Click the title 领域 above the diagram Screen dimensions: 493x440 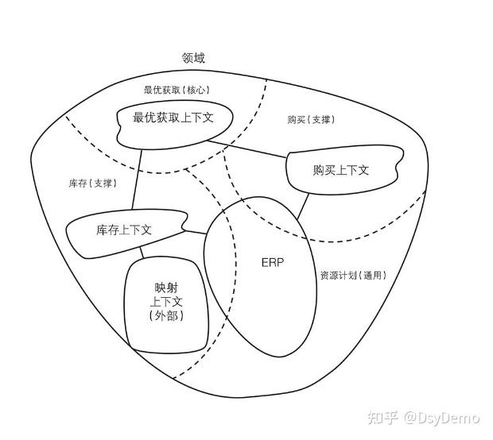pos(193,58)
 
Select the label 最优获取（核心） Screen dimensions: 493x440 pos(177,90)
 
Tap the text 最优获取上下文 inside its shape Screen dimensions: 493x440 pos(173,118)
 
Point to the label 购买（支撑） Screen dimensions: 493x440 pos(311,120)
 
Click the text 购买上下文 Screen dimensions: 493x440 pos(341,170)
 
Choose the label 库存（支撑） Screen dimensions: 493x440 pos(93,183)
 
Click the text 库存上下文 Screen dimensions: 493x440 pos(124,230)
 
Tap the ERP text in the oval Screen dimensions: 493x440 pos(273,263)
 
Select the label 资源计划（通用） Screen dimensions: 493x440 pos(353,276)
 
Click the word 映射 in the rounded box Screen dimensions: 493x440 pos(166,288)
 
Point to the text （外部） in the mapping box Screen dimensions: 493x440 pos(166,315)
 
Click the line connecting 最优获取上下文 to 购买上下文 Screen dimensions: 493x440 pos(247,149)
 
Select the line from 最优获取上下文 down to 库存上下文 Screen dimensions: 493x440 pos(137,179)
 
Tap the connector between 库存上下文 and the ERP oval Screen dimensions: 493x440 pos(196,233)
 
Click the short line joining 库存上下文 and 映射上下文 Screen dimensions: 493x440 pos(142,253)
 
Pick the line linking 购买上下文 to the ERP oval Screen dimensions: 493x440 pos(303,206)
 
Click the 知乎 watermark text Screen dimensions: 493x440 pos(383,418)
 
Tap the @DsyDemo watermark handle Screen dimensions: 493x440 pos(442,418)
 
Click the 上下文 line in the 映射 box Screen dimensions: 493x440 pos(166,302)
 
